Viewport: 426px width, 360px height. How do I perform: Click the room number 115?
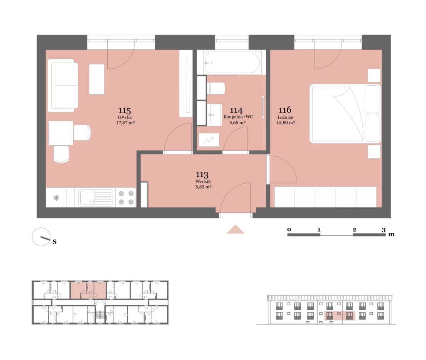click(x=124, y=111)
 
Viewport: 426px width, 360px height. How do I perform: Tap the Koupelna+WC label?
click(x=238, y=117)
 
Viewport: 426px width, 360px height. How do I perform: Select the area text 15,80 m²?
click(x=285, y=123)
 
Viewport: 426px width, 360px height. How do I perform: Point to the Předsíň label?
click(x=203, y=182)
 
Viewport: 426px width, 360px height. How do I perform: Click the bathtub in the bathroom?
click(x=231, y=63)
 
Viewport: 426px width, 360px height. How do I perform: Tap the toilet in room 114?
click(x=216, y=89)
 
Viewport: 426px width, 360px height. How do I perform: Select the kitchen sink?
click(x=95, y=198)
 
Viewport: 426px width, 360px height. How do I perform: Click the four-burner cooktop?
click(x=126, y=197)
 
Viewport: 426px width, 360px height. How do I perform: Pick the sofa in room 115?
click(x=63, y=86)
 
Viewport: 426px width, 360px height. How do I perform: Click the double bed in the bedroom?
click(x=345, y=113)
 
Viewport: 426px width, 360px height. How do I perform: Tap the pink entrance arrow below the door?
click(x=235, y=229)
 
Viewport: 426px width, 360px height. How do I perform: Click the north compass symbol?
click(x=41, y=237)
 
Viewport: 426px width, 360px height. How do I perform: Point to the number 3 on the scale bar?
click(x=384, y=230)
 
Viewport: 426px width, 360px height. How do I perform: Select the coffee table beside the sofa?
click(x=97, y=79)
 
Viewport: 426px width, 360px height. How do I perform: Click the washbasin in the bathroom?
click(x=215, y=115)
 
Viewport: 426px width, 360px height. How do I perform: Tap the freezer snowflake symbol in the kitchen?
click(x=56, y=198)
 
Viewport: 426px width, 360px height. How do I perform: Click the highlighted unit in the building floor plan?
click(x=88, y=291)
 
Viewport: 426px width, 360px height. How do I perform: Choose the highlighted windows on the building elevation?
click(x=339, y=316)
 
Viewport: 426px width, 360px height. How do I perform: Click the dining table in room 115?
click(x=61, y=133)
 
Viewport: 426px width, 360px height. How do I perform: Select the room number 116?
click(x=285, y=110)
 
